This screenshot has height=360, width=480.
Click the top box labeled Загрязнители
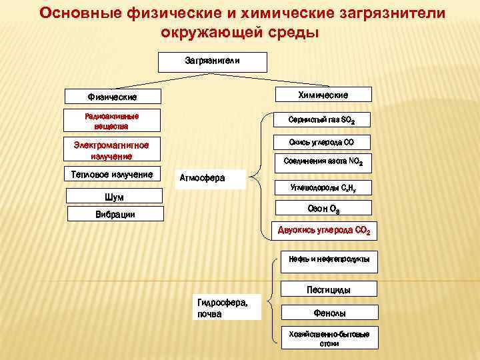pyautogui.click(x=212, y=61)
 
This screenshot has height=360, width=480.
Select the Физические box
pyautogui.click(x=113, y=97)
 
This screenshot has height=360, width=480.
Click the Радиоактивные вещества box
pyautogui.click(x=112, y=121)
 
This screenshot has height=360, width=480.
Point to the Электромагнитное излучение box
pyautogui.click(x=111, y=150)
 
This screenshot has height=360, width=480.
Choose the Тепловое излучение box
pyautogui.click(x=112, y=175)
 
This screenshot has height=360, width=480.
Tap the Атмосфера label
pyautogui.click(x=210, y=178)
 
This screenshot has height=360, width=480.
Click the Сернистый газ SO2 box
pyautogui.click(x=322, y=121)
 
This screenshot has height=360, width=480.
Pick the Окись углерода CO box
pyautogui.click(x=321, y=142)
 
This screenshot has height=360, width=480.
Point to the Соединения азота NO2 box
pyautogui.click(x=323, y=161)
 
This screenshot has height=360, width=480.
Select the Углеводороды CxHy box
pyautogui.click(x=323, y=187)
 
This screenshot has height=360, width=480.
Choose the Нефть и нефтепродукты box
pyautogui.click(x=328, y=259)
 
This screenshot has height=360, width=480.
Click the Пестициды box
pyautogui.click(x=328, y=289)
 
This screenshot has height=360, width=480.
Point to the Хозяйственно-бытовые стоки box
pyautogui.click(x=329, y=338)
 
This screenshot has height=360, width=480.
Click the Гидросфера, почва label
pyautogui.click(x=226, y=308)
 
